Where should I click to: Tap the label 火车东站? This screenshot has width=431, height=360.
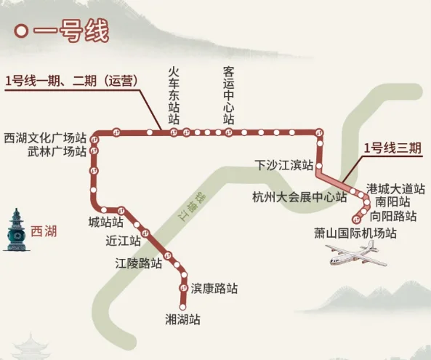[x=173, y=95]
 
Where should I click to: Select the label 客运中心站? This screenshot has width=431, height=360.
[x=228, y=95]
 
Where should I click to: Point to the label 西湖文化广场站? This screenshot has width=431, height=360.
[x=45, y=137]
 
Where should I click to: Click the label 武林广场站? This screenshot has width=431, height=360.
[x=57, y=151]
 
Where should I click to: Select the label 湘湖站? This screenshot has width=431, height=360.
[x=183, y=319]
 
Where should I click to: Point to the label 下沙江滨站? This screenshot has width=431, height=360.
[x=284, y=164]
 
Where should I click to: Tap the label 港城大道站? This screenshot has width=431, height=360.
[x=395, y=188]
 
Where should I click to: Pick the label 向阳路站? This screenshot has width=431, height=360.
[x=393, y=216]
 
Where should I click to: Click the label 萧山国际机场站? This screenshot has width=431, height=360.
[x=355, y=233]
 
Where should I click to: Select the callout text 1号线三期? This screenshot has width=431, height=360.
[x=392, y=148]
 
